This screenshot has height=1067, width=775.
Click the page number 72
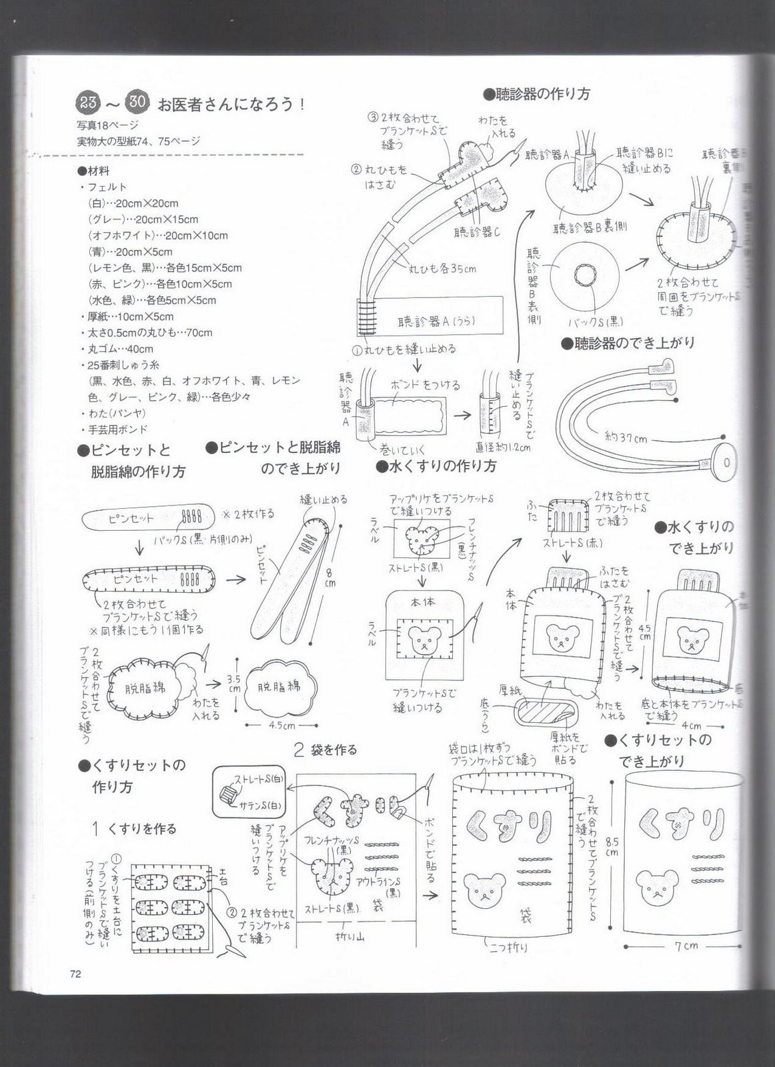[75, 974]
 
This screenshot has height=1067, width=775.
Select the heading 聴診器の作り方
[537, 93]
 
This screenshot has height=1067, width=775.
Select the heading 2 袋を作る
[325, 750]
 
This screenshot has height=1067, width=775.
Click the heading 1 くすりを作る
[135, 828]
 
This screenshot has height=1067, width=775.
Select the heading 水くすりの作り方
[436, 466]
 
